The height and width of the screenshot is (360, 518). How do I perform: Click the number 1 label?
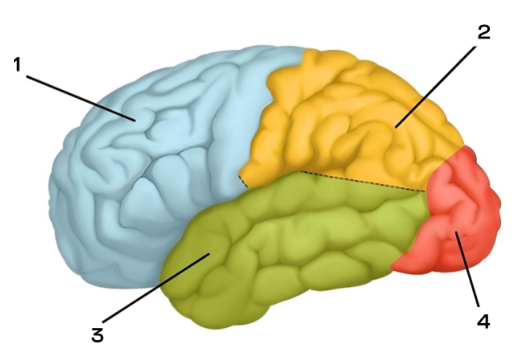coord(17,65)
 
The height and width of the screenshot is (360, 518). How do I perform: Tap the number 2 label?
coord(484,32)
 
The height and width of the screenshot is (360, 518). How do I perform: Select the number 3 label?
coord(98,335)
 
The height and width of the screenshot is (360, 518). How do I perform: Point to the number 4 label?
coord(484,321)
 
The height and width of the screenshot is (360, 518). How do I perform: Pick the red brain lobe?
coord(456,212)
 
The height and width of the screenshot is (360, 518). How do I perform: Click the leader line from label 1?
coord(81,99)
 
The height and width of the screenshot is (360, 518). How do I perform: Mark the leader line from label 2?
coord(435,87)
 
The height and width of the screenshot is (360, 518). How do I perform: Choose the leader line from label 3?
coord(156,288)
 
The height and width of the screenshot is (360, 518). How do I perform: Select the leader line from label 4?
coord(467,269)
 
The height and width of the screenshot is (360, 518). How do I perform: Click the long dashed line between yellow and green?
coord(363,181)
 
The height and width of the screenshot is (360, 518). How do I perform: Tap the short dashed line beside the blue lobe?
coord(243,181)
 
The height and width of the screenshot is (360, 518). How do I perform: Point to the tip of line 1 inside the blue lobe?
coord(136,122)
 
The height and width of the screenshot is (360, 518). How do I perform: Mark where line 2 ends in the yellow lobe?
coord(395,128)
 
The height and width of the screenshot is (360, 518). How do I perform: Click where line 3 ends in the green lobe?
coord(210,253)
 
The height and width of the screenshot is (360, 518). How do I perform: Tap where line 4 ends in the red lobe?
coord(456,232)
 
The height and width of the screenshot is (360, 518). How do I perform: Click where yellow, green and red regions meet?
coord(426,191)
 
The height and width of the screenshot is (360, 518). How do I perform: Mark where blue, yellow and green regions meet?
coord(249,188)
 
